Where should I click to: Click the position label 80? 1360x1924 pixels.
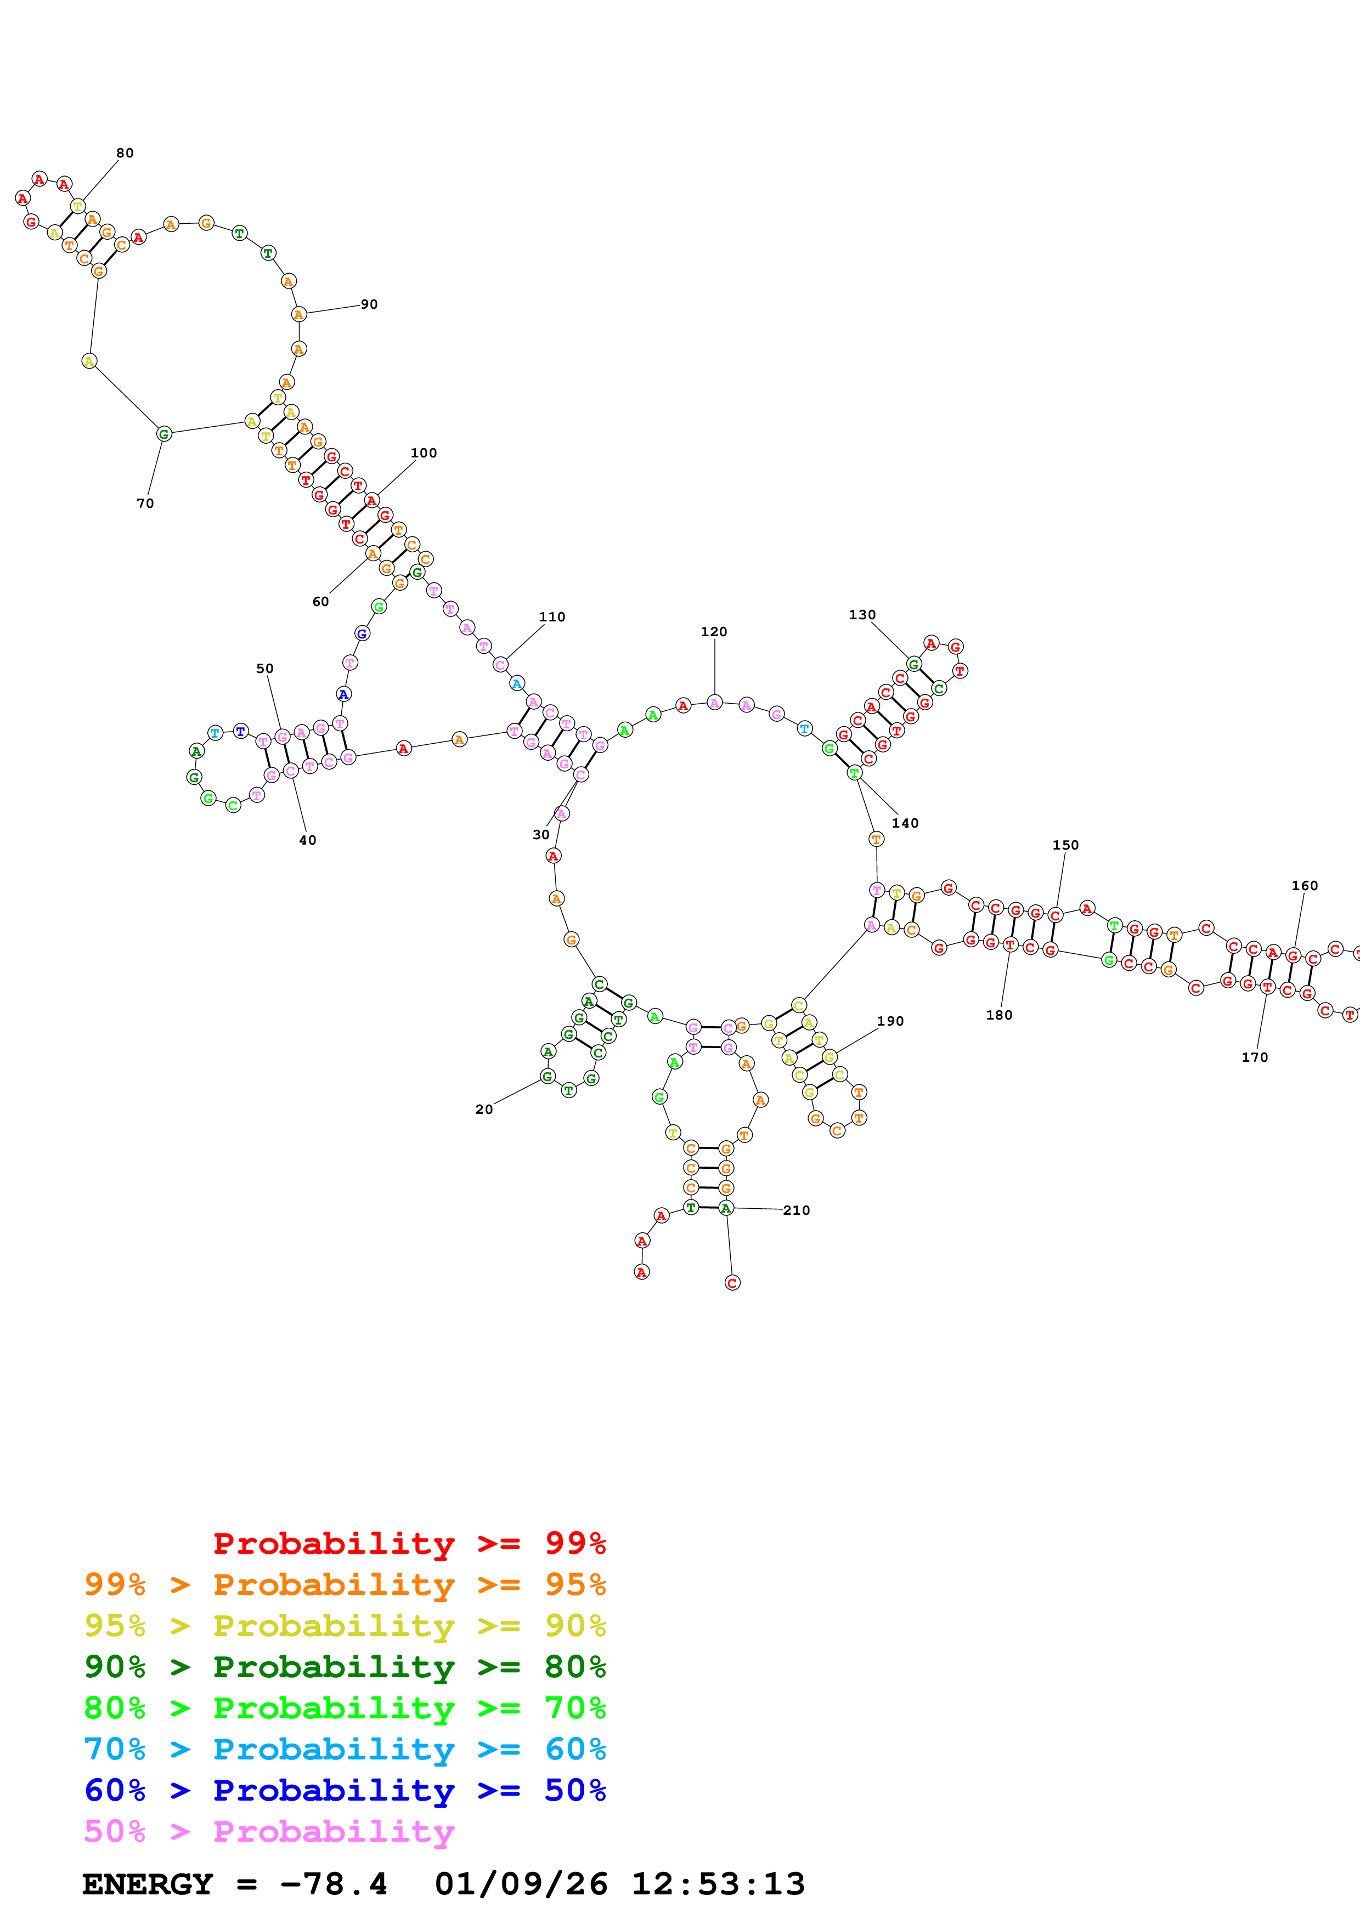(125, 152)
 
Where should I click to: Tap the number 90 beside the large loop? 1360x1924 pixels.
(369, 304)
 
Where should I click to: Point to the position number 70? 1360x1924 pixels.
(145, 503)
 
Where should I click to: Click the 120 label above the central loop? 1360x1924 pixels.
(714, 632)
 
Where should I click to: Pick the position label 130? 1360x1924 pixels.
(862, 614)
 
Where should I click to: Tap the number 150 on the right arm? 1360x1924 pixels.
(1065, 845)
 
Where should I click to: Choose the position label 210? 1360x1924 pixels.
(796, 1210)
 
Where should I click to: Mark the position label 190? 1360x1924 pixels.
(890, 1021)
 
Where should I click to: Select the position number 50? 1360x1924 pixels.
(265, 668)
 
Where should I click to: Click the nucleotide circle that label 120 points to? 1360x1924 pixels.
(714, 702)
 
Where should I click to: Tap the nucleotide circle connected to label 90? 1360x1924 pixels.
(298, 314)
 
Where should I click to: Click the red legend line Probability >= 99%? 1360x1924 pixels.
(409, 1543)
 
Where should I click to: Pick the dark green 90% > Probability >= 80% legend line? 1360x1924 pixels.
(345, 1667)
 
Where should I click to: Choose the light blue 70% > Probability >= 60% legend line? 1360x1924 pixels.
(345, 1750)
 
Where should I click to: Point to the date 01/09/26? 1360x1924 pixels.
(521, 1885)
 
